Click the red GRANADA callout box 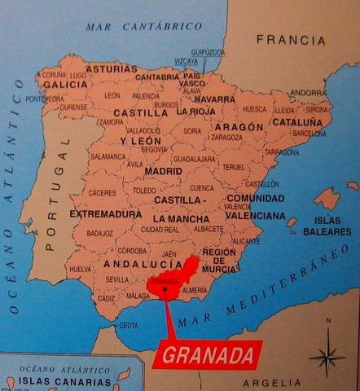[209, 355]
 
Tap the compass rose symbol [327, 356]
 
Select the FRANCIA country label [290, 39]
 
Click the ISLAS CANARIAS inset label [53, 380]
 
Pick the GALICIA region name [65, 84]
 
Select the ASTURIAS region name [112, 70]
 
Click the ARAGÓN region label [238, 127]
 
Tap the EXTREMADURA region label [105, 213]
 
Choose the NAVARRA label [217, 99]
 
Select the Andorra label [308, 92]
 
